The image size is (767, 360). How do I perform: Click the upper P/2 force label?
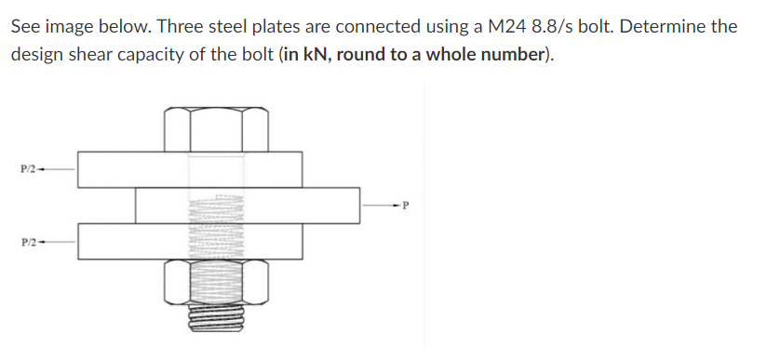coord(30,168)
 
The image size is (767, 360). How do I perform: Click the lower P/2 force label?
coord(30,242)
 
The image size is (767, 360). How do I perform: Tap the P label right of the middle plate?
coord(407,206)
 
